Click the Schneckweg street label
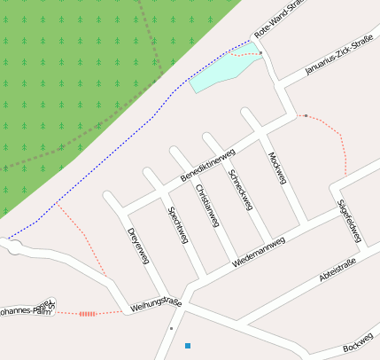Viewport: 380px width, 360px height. point(240,189)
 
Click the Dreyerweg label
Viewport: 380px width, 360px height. point(137,247)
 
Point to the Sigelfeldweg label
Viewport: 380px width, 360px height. point(350,220)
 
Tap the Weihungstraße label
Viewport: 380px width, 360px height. point(155,304)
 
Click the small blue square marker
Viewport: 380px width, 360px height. point(187,345)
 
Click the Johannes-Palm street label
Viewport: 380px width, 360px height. point(27,310)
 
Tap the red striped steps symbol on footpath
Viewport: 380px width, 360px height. point(87,313)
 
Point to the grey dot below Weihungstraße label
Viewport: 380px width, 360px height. point(171,328)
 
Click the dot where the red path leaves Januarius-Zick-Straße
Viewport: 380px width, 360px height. point(306,116)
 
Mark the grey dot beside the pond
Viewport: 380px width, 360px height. point(261,54)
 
